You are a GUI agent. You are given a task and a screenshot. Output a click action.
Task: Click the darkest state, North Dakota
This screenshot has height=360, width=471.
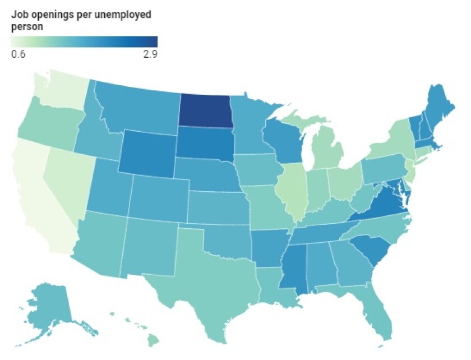[x=206, y=110]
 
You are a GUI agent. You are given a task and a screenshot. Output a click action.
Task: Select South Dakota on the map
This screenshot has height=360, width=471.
[x=206, y=143]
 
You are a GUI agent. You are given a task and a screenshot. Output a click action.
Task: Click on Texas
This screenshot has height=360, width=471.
[x=216, y=280]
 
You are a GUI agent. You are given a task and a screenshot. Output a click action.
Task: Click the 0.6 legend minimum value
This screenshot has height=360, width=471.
[x=17, y=54]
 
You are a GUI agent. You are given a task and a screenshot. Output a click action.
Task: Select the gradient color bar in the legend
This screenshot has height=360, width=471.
[x=84, y=41]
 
